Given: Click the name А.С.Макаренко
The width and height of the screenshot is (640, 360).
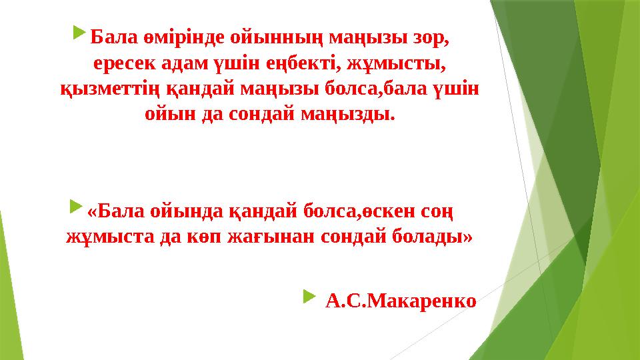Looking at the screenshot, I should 401,301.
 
